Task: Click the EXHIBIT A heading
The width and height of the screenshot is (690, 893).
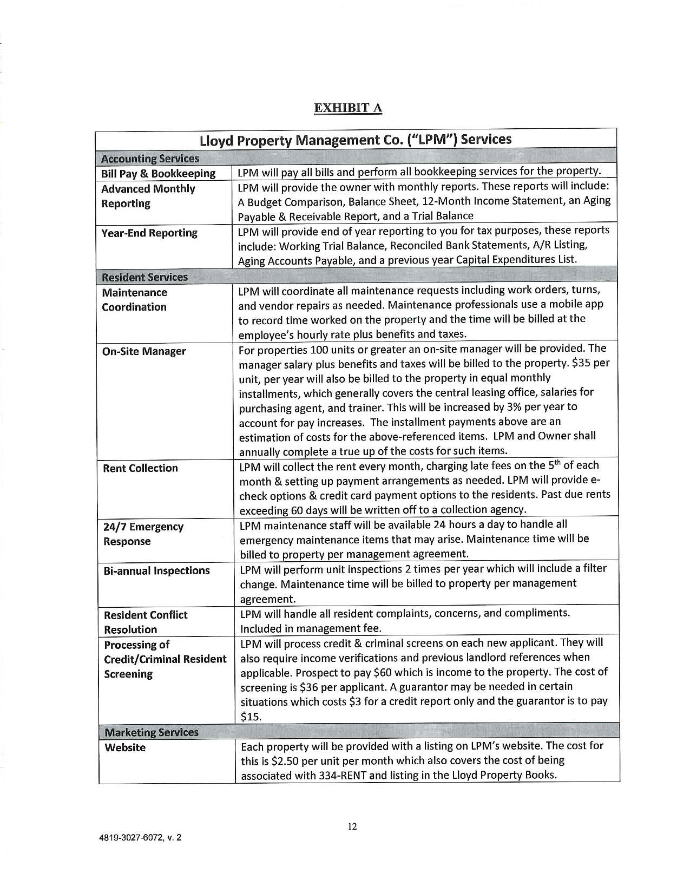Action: pos(348,108)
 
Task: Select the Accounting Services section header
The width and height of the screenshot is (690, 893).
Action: pos(150,159)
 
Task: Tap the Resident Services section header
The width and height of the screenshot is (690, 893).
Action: pos(145,277)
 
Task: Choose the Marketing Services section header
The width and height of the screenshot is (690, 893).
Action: pos(152,732)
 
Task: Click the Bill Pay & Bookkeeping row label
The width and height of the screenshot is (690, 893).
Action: pos(159,174)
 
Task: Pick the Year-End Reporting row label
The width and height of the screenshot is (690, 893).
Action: pos(149,233)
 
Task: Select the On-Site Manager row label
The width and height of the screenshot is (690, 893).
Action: pos(144,351)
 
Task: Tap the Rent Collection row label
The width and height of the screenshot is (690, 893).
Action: pos(140,468)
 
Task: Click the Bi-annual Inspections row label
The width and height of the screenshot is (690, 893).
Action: pos(156,570)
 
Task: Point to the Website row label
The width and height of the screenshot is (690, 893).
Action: pos(125,747)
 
